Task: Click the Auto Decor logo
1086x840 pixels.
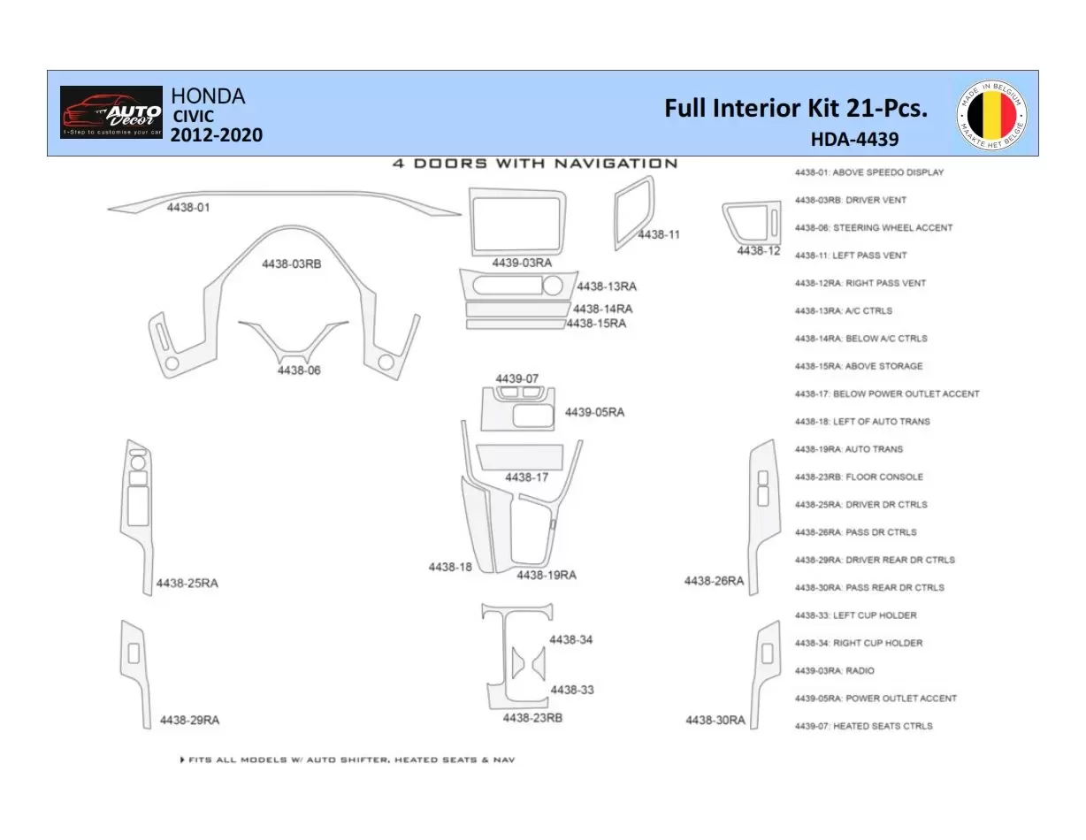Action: click(x=111, y=112)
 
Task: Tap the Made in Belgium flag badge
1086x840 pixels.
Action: click(x=991, y=113)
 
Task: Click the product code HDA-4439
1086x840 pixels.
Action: click(x=853, y=139)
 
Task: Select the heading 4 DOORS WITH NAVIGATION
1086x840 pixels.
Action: click(x=535, y=164)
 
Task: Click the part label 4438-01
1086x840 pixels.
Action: click(x=188, y=207)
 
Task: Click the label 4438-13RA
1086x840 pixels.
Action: click(x=606, y=286)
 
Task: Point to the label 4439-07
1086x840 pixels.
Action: click(x=516, y=378)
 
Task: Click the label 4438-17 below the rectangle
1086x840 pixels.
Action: click(x=526, y=477)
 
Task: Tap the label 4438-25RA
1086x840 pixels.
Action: click(x=187, y=584)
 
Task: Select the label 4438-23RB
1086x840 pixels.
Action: click(x=532, y=718)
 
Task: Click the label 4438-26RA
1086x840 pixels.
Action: click(x=714, y=581)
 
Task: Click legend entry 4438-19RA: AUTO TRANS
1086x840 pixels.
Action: click(x=848, y=449)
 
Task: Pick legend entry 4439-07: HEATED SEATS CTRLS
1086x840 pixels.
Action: click(x=863, y=726)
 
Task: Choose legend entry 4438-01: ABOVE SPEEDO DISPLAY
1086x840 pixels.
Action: click(x=868, y=172)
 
